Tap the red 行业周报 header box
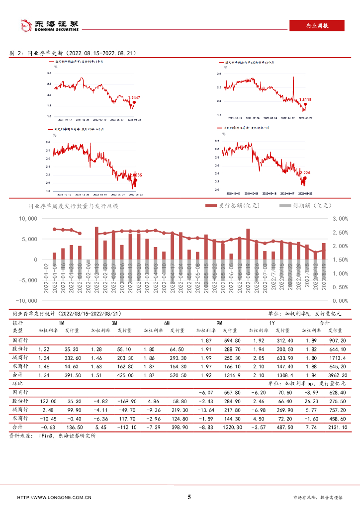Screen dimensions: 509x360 click(316, 26)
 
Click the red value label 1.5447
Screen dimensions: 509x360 click(134, 97)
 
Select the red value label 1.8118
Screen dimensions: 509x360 click(305, 99)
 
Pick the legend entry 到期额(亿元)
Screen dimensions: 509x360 click(305, 205)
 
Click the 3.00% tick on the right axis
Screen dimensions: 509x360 click(341, 219)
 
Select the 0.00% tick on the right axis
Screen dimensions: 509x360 click(341, 301)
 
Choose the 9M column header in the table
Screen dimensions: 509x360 click(219, 323)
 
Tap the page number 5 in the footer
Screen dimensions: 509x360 click(189, 497)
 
